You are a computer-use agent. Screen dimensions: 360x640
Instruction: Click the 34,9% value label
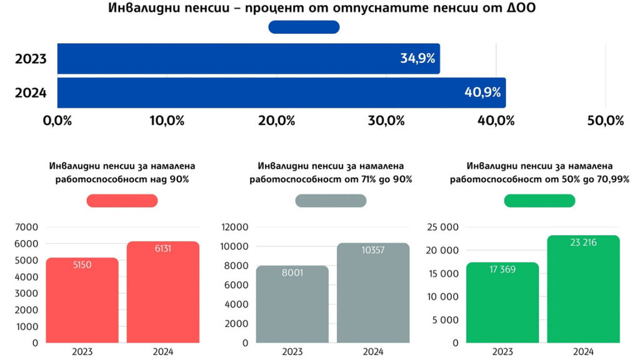417,59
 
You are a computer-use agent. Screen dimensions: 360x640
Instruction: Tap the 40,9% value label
482,92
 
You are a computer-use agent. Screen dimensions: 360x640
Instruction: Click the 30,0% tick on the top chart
386,121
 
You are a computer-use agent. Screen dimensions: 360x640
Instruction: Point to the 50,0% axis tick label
606,121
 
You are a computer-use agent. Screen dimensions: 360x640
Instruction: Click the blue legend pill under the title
304,27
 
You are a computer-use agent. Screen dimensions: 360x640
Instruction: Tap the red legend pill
122,201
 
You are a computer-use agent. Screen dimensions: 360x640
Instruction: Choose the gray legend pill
331,201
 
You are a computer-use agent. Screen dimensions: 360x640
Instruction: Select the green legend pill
539,201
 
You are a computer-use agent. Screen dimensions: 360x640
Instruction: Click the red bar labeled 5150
82,300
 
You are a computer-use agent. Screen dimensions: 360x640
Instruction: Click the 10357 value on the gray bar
373,251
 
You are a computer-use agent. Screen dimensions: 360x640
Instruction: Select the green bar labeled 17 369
502,302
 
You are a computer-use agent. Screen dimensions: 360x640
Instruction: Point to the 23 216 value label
584,242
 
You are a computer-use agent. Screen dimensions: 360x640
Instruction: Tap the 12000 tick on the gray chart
234,227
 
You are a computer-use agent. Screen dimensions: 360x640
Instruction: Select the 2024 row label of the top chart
31,92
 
